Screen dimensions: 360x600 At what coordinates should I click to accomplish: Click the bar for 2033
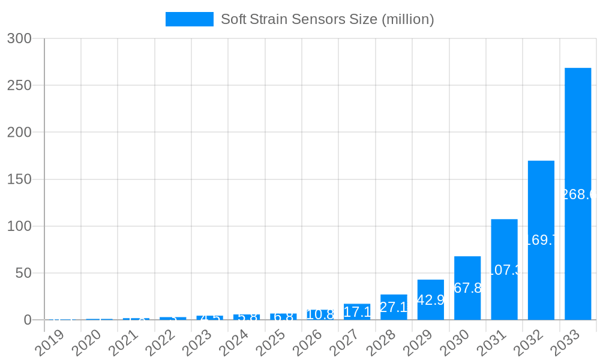coord(578,194)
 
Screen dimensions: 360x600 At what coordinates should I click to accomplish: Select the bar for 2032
coord(541,240)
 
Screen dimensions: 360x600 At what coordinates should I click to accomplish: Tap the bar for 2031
coord(504,269)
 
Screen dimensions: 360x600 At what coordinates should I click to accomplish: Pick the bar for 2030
coord(467,288)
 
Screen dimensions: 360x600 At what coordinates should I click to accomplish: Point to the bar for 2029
coord(431,300)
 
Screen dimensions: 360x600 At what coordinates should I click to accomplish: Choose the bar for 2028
coord(394,307)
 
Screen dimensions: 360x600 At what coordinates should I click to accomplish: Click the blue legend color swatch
coord(190,19)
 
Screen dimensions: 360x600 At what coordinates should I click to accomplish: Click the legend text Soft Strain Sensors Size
coord(327,19)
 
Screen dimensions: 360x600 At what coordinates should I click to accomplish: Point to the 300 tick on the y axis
coord(19,38)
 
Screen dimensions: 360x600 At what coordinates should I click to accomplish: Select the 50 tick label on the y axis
coord(23,273)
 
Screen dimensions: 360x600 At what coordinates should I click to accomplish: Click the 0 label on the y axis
coord(28,320)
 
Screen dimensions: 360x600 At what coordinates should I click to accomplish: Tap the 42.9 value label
coord(430,300)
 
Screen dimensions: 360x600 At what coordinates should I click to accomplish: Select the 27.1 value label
coord(394,307)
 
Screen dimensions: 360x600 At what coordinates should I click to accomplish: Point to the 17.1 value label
coord(357,312)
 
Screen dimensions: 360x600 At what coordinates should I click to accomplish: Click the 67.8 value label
coord(467,288)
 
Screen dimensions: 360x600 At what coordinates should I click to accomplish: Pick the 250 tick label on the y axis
coord(19,85)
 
